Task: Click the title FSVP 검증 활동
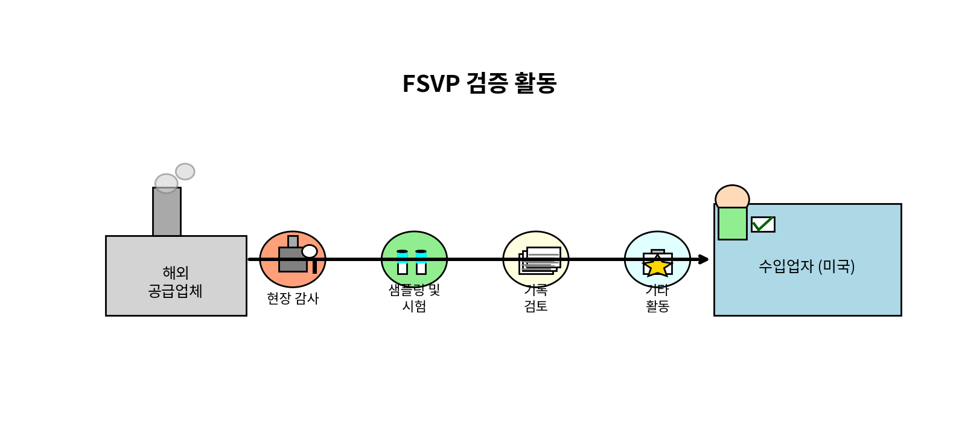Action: point(479,83)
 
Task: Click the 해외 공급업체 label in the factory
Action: point(176,282)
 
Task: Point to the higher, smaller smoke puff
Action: point(185,172)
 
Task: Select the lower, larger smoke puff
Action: point(166,183)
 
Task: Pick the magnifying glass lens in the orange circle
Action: point(310,251)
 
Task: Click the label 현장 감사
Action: point(293,299)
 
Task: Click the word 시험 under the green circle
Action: point(414,306)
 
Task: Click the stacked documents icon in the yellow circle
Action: point(539,261)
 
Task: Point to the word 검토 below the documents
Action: point(536,306)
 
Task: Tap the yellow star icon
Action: point(657,266)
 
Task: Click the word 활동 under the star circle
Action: point(657,306)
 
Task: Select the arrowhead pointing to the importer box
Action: point(703,259)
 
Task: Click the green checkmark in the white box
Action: point(763,224)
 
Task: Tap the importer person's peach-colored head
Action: point(732,197)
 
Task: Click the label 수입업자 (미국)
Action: point(806,266)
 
